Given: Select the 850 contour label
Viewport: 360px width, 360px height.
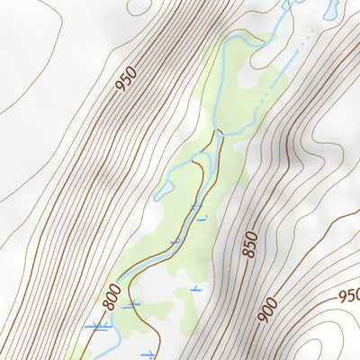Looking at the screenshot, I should click(x=249, y=245).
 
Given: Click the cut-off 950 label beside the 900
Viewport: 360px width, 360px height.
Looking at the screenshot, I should click(x=349, y=295).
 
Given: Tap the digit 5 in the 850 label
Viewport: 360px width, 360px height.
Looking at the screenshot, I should click(x=249, y=245).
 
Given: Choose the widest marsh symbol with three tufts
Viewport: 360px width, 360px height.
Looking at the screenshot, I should click(x=98, y=327).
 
